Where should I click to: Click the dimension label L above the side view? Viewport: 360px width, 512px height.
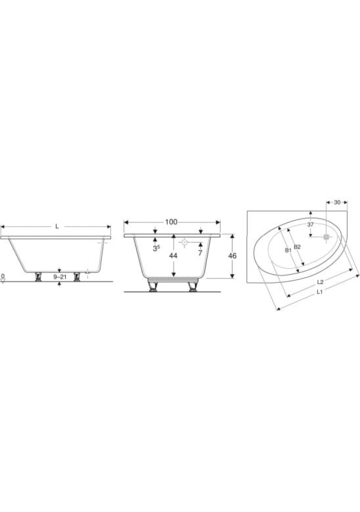(57, 226)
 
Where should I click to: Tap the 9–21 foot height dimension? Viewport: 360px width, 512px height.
(60, 277)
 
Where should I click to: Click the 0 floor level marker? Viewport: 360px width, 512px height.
(3, 277)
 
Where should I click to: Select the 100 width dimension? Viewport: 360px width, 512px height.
(171, 222)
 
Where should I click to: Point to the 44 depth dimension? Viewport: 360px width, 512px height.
(173, 256)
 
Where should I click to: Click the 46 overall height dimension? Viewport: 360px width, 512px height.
(233, 256)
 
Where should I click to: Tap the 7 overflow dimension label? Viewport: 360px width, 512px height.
(200, 253)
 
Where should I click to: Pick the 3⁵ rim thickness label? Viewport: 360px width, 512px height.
(156, 249)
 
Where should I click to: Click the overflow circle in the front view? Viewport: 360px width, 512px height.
(184, 242)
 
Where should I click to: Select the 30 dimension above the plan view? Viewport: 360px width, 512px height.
(337, 203)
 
